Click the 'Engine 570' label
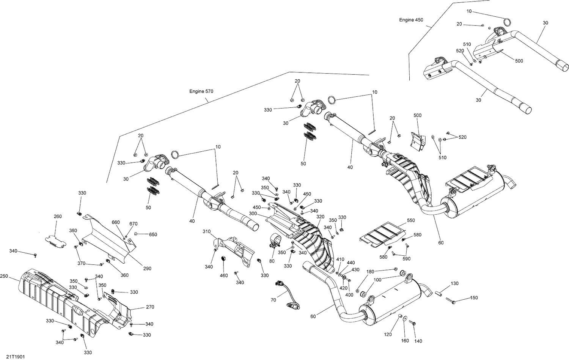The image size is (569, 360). [201, 91]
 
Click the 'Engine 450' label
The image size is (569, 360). [411, 20]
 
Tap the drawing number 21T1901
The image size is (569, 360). [16, 357]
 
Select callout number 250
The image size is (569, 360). [4, 276]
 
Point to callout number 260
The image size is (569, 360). [58, 217]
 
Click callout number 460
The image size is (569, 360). [224, 276]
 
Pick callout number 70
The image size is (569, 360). [273, 300]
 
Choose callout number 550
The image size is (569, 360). [411, 220]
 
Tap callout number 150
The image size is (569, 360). [474, 298]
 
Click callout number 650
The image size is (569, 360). [153, 234]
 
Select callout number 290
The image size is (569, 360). [147, 269]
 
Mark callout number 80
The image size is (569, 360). [272, 261]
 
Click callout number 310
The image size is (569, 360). [206, 231]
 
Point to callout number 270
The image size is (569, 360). [150, 307]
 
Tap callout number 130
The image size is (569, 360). [454, 283]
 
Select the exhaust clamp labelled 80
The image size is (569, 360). [275, 241]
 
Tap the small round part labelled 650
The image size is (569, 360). [136, 234]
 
